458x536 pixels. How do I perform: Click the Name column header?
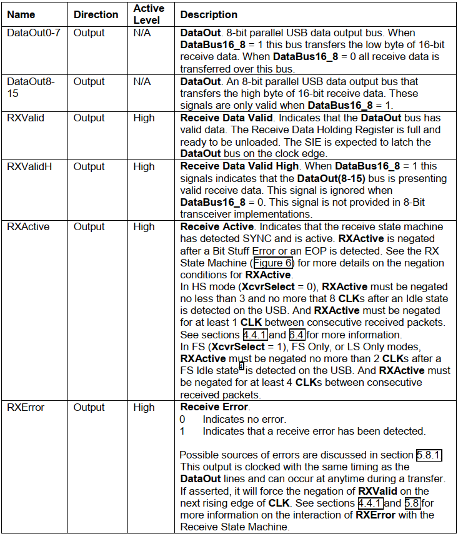(x=21, y=14)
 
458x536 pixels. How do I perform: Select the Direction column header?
(x=96, y=14)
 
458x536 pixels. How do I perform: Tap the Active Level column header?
(x=148, y=14)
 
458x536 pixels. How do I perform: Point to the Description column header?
(x=209, y=14)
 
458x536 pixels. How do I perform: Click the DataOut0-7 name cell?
(x=34, y=33)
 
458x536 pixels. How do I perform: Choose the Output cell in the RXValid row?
(x=89, y=118)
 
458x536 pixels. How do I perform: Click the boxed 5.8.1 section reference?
(x=429, y=455)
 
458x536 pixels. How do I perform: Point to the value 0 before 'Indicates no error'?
(x=182, y=419)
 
